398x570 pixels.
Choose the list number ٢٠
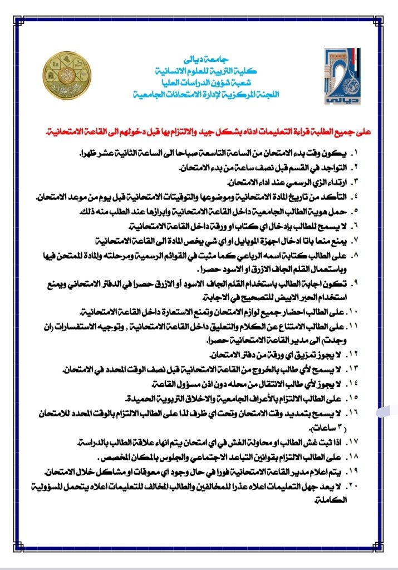click(x=354, y=487)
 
